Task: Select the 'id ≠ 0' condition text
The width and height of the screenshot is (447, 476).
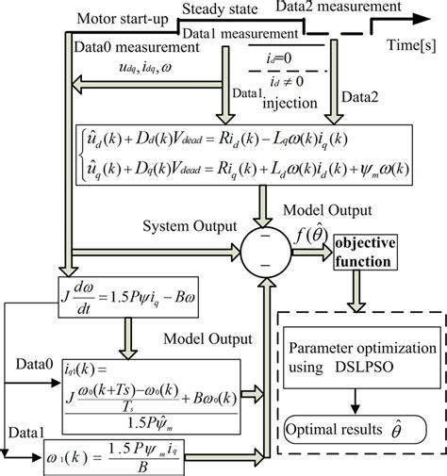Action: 280,78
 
